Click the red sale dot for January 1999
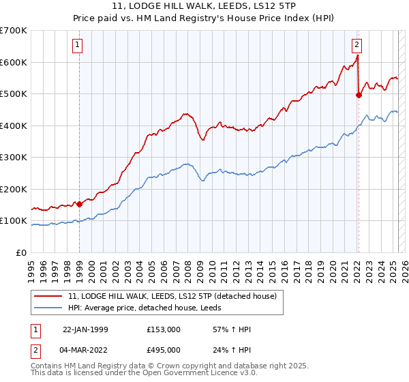tap(79, 204)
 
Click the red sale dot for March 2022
tap(359, 95)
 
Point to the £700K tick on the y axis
tap(14, 31)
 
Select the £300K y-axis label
tap(14, 158)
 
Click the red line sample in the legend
tap(48, 296)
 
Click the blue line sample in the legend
tap(48, 308)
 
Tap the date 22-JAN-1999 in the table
tap(86, 330)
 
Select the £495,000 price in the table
tap(163, 349)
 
